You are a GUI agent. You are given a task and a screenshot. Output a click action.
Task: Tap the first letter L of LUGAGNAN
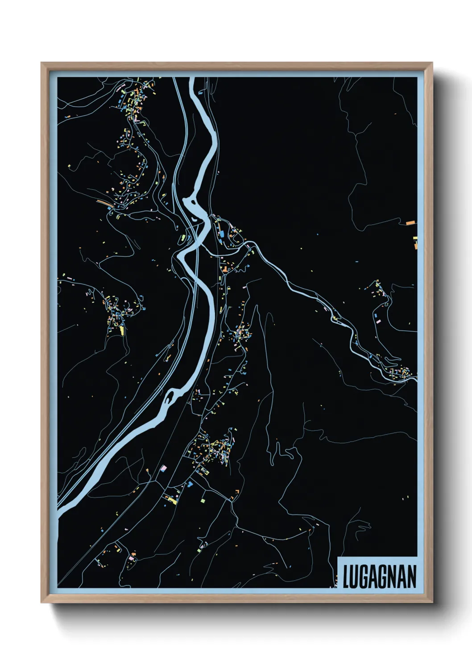pyautogui.click(x=346, y=576)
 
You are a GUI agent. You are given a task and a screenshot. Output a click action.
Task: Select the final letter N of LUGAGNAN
pyautogui.click(x=411, y=576)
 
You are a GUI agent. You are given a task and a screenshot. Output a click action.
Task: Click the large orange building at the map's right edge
pyautogui.click(x=410, y=222)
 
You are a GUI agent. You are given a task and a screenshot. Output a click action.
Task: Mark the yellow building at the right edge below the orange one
pyautogui.click(x=415, y=238)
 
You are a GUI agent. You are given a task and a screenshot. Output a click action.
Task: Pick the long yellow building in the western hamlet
pyautogui.click(x=121, y=330)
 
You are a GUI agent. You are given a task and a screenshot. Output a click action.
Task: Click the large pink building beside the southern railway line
pyautogui.click(x=163, y=468)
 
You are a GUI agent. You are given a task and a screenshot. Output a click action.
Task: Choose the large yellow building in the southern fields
pyautogui.click(x=173, y=501)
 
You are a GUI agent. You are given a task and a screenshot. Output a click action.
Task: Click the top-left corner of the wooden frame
pyautogui.click(x=42, y=63)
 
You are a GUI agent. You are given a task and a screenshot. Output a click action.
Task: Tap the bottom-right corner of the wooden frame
pyautogui.click(x=432, y=602)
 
